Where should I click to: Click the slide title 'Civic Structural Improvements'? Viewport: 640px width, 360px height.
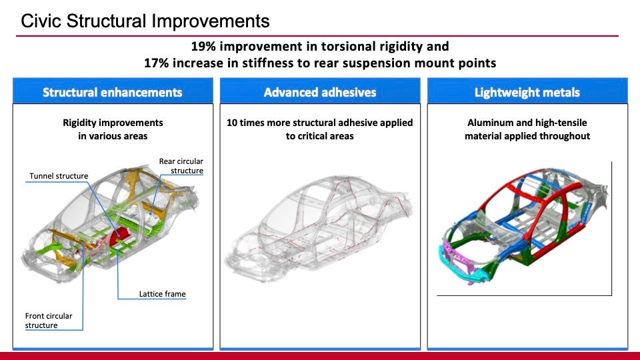tap(145, 21)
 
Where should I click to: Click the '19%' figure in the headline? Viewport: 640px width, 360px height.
tap(203, 47)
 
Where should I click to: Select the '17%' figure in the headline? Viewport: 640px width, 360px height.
tap(157, 63)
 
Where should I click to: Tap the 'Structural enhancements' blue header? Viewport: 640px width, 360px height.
tap(112, 93)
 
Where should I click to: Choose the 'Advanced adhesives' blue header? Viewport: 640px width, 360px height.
tap(320, 93)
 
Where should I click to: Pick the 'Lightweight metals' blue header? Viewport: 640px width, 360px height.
tap(527, 93)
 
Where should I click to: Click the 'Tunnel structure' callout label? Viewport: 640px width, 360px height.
tap(59, 176)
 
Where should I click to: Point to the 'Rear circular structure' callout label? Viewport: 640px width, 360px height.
tap(181, 166)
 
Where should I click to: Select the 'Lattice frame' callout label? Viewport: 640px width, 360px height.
tap(162, 293)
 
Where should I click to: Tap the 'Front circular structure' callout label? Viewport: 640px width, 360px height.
tap(49, 321)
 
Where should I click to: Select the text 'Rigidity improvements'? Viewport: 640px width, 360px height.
tap(112, 123)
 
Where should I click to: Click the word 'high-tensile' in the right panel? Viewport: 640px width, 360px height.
tap(559, 123)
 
